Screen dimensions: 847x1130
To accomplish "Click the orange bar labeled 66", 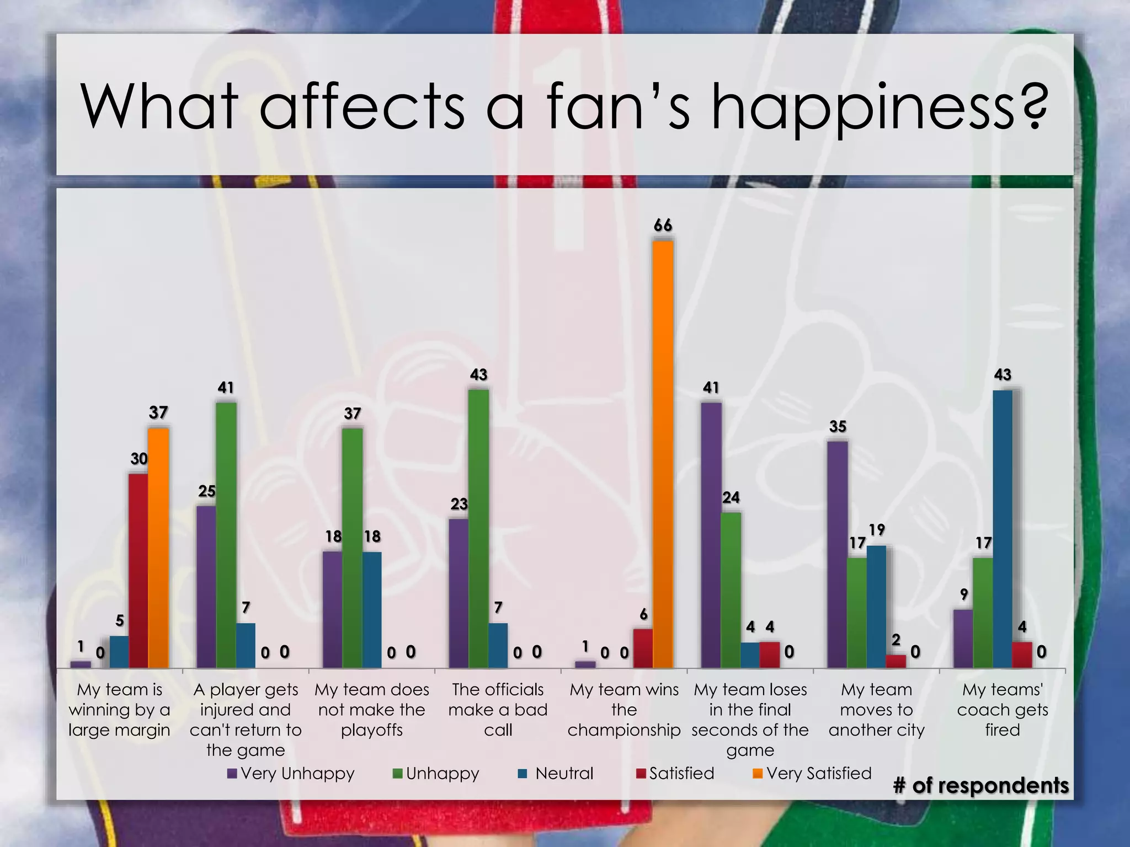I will [663, 454].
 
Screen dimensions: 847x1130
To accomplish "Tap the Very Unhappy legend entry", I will [291, 773].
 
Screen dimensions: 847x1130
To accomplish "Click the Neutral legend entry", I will [556, 773].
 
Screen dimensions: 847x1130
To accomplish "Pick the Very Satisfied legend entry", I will [812, 773].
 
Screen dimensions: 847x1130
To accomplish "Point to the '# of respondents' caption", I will [980, 785].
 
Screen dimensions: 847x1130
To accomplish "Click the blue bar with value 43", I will [1003, 529].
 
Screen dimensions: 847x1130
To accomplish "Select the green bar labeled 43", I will [478, 529].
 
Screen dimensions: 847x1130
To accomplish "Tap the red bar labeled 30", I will [138, 571].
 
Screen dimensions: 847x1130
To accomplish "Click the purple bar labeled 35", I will [837, 554].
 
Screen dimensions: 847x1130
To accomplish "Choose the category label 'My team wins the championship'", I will [624, 710].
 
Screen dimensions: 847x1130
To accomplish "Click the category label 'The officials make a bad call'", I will [498, 710].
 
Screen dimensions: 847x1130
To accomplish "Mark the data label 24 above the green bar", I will [731, 497].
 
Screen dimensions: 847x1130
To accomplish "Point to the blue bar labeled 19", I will [876, 607].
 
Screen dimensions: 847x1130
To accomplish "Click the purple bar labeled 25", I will [206, 587].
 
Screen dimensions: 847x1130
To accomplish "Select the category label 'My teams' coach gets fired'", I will [1003, 710].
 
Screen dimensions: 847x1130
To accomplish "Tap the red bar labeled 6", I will [643, 648].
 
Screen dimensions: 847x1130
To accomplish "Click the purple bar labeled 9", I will [963, 639].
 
